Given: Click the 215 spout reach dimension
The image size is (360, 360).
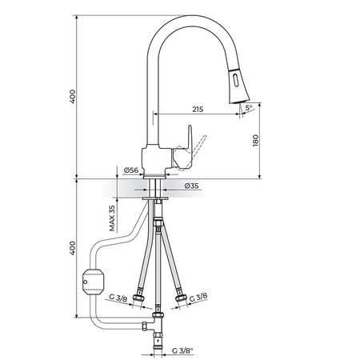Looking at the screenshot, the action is click(198, 109).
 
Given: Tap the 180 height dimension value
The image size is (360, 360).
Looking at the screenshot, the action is click(255, 140).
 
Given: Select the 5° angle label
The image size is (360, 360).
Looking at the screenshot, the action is click(249, 108).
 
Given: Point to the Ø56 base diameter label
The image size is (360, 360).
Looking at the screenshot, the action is click(131, 170).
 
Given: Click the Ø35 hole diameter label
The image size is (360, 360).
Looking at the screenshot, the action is click(191, 186).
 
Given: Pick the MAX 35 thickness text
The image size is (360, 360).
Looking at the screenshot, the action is click(112, 218).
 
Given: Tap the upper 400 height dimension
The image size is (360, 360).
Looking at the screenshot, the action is click(73, 97).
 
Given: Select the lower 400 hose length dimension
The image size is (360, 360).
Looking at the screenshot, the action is click(73, 248).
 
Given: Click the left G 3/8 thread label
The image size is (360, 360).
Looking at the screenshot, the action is click(118, 298).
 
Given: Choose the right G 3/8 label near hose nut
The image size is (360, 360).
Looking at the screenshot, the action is click(198, 297).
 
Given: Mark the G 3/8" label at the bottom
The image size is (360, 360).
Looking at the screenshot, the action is click(182, 350).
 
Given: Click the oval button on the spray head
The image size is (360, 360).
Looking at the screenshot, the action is click(235, 80).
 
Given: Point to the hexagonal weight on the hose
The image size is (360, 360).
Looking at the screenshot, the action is click(94, 282).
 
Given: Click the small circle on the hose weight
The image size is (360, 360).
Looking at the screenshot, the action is click(86, 282).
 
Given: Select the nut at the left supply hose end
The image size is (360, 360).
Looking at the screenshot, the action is click(139, 298).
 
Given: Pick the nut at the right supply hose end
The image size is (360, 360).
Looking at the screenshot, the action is click(182, 298).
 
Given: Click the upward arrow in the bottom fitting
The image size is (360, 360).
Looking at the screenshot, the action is click(159, 341).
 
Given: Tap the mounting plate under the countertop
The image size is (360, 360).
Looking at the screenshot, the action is click(155, 198).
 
